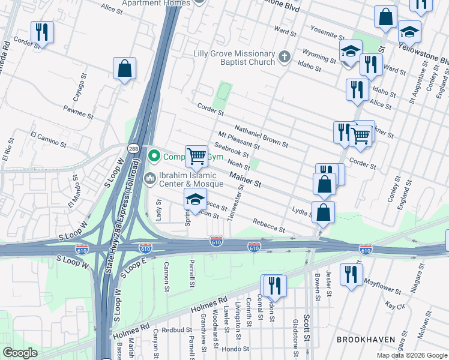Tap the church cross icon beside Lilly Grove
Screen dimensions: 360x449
285,58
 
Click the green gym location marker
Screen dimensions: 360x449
154,157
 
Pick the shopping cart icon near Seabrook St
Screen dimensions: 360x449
197,157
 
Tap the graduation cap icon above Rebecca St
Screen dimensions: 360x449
196,200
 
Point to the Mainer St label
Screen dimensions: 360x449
246,178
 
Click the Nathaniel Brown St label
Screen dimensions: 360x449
261,136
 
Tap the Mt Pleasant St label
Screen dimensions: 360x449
239,140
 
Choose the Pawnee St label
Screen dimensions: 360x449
79,111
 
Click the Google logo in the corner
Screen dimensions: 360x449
20,353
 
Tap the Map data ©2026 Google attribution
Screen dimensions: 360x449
411,355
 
